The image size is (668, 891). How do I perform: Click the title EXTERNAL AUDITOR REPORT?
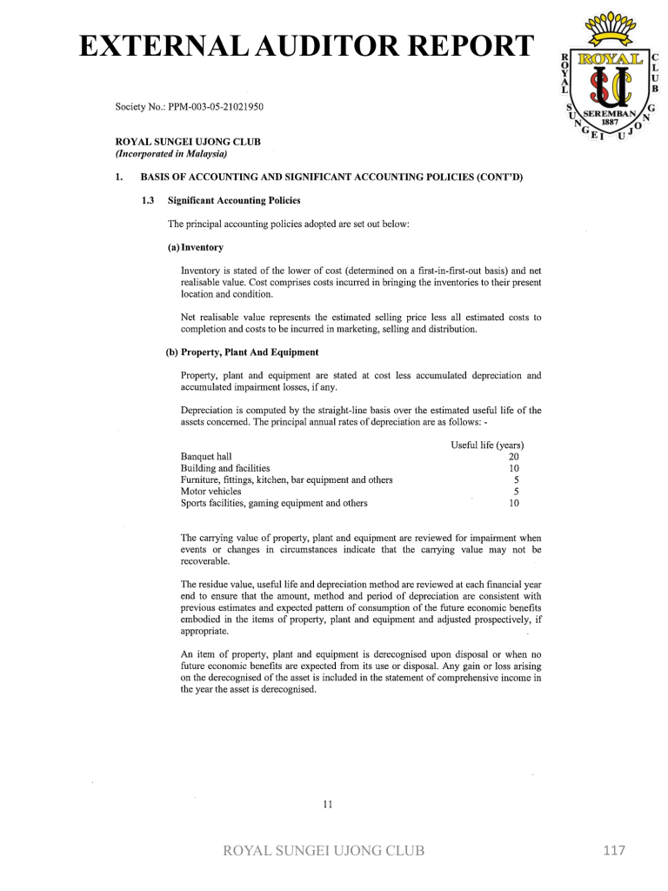coord(304,45)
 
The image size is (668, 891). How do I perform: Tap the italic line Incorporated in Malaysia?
coord(171,154)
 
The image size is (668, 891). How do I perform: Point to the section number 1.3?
coord(147,200)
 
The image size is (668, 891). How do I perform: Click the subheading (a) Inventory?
coord(195,247)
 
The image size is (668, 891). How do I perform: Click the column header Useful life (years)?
coord(486,445)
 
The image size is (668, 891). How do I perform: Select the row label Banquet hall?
coord(206,457)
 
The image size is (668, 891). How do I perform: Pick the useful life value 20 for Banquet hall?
coord(513,457)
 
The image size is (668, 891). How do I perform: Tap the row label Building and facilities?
coord(224,468)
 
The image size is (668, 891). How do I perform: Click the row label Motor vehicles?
coord(210,491)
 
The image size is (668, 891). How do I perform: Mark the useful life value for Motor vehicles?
coord(516,491)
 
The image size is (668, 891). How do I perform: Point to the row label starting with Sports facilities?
coord(273,503)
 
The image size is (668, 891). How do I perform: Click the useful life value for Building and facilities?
coord(513,468)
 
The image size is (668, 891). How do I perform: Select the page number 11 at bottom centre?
coord(328,804)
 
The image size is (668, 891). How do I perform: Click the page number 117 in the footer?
coord(614,850)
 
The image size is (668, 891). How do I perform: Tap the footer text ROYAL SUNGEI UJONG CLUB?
coord(324,851)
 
